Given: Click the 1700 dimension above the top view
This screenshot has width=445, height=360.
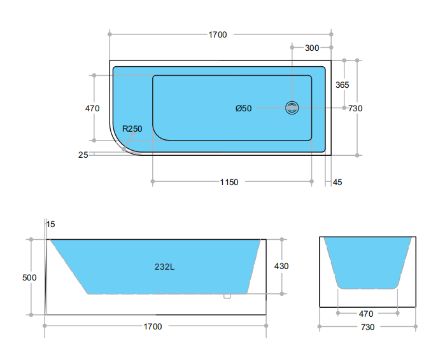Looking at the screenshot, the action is pos(218,34).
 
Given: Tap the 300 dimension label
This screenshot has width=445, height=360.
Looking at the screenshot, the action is pos(312,48).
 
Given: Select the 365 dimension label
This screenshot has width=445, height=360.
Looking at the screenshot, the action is pos(342,85).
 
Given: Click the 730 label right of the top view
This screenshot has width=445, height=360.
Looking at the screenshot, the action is pos(355,108).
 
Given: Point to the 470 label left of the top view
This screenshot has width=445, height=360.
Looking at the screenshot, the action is pos(92,108).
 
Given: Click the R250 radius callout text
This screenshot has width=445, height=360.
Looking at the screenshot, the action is pos(132,129).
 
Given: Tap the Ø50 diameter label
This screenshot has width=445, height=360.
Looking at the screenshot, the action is pos(243,108).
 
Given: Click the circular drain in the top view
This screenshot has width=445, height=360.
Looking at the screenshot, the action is pos(292,108).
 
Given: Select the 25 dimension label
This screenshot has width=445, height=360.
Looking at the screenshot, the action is pos(83,155).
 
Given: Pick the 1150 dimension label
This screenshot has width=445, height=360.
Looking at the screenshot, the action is pos(229,182).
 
